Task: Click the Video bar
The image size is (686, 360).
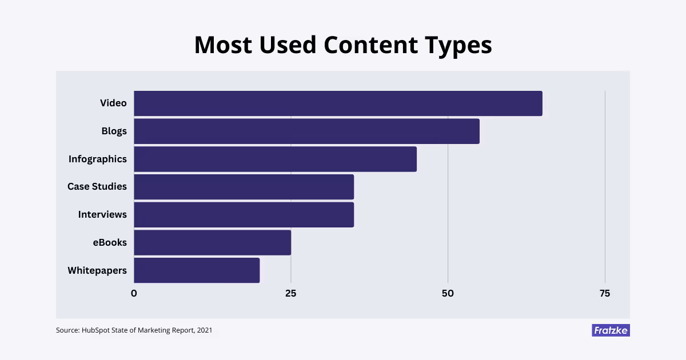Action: coord(337,103)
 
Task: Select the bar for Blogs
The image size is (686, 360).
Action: coord(306,131)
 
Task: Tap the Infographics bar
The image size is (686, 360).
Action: coord(275,159)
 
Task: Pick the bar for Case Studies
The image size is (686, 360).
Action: coord(244,187)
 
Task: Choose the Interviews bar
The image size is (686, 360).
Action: coord(244,215)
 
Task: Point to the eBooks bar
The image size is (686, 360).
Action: coord(212,242)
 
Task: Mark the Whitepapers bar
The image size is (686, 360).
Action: coord(197,270)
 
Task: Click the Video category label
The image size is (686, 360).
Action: coord(113,103)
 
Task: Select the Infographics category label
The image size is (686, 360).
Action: coord(97,159)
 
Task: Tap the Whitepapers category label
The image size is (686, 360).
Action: coord(97,270)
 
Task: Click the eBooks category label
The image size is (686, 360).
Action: coord(109,242)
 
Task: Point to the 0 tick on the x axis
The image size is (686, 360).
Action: coord(134,294)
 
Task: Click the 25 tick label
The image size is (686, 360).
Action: coord(290,294)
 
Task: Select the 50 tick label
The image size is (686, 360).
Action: coord(448,294)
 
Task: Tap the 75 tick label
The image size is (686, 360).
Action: coord(604,294)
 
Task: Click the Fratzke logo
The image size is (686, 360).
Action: coord(611,330)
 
